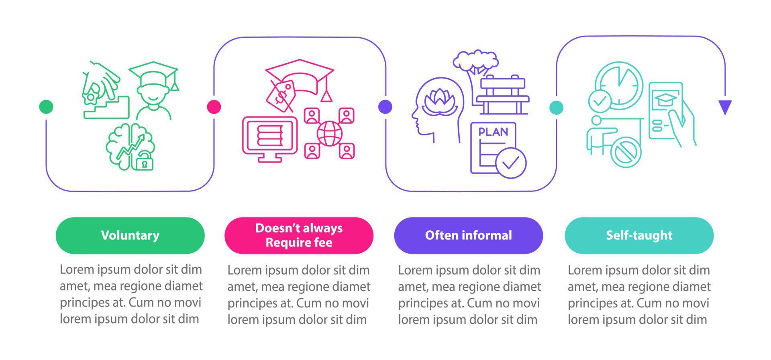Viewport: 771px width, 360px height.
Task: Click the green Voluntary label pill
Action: pyautogui.click(x=130, y=235)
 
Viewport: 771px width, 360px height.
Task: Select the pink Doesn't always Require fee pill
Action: pyautogui.click(x=299, y=235)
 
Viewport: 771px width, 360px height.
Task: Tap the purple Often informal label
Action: pyautogui.click(x=468, y=235)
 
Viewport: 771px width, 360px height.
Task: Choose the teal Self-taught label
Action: pyautogui.click(x=639, y=235)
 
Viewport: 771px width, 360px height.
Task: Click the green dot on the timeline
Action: pyautogui.click(x=46, y=107)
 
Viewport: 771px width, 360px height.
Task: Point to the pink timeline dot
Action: pyautogui.click(x=214, y=107)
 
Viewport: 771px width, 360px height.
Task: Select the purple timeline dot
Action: pyautogui.click(x=385, y=107)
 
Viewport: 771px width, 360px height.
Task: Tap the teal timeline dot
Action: pyautogui.click(x=556, y=107)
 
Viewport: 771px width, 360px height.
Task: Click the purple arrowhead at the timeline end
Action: pyautogui.click(x=725, y=107)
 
